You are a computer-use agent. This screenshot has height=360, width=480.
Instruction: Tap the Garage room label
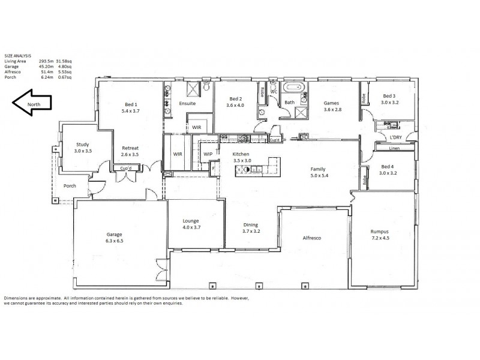point(115,234)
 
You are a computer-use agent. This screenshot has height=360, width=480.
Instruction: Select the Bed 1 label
point(131,104)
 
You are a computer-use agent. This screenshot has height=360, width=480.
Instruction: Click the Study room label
point(82,144)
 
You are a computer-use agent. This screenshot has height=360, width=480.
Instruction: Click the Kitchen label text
point(241,154)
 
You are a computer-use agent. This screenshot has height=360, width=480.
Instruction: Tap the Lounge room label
point(190,221)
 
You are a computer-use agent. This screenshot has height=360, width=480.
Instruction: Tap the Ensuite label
point(187,103)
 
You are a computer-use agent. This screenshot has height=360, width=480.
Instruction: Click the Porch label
point(70,186)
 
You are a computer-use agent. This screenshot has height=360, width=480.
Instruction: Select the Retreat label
point(130,148)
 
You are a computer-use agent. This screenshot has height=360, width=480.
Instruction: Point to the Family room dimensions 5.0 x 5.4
point(318,175)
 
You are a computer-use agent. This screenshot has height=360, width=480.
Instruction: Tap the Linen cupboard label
point(394,148)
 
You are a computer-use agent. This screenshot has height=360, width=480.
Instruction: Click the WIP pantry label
point(208,154)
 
